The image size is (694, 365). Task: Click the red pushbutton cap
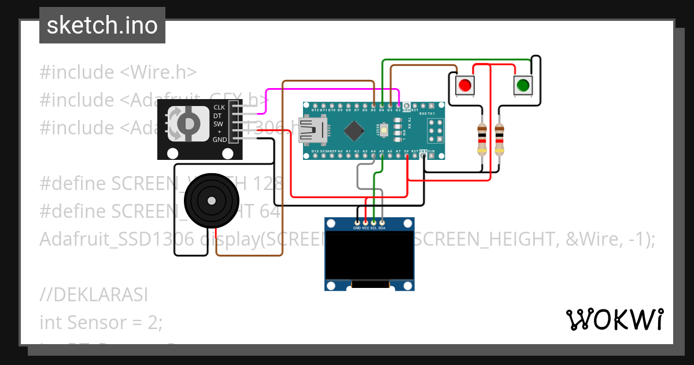(x=464, y=86)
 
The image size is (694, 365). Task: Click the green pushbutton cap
(x=522, y=86)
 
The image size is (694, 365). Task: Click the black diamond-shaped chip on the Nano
(x=353, y=130)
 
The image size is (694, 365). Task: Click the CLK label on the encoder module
(x=219, y=107)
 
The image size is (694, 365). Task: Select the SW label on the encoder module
(x=219, y=123)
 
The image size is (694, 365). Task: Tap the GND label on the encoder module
(x=220, y=140)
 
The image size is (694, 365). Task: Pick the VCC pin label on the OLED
(x=366, y=228)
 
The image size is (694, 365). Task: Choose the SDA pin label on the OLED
(x=382, y=228)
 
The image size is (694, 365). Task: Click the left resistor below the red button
(x=482, y=139)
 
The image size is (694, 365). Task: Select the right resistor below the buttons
(x=499, y=139)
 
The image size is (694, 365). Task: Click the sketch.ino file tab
(x=102, y=25)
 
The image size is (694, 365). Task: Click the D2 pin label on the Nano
(x=398, y=110)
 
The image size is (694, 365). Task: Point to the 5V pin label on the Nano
(x=407, y=151)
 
